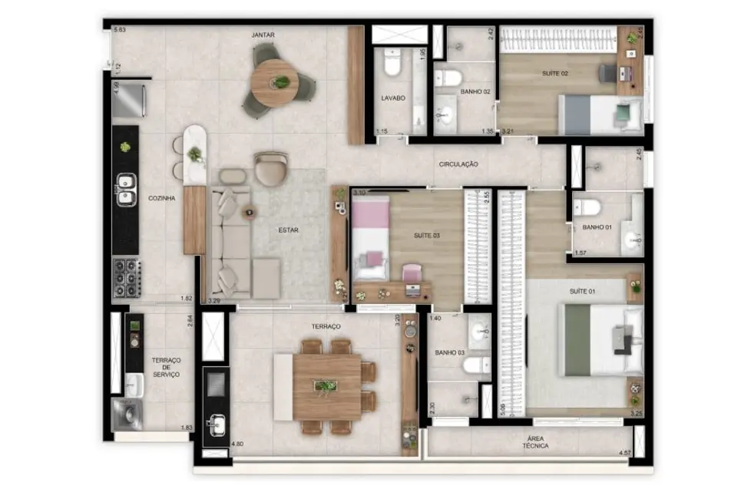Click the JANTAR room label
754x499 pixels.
tap(263, 35)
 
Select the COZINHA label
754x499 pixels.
tap(162, 198)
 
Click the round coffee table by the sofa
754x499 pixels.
tap(248, 213)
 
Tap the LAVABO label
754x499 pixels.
tap(392, 98)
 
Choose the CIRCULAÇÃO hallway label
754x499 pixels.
tap(459, 164)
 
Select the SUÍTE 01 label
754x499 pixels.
tap(582, 292)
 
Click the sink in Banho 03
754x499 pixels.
tap(479, 332)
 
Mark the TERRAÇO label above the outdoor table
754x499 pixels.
tap(326, 326)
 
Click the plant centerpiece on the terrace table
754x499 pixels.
tap(327, 385)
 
